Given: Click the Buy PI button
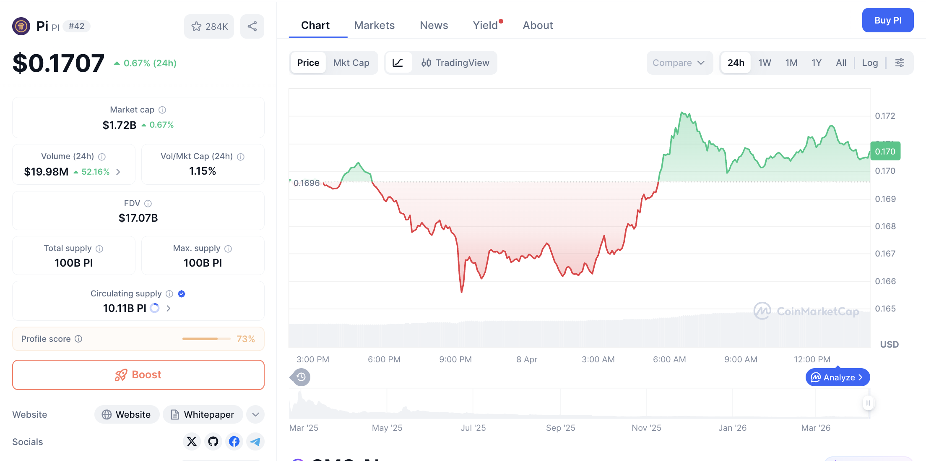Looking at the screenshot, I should (x=887, y=20).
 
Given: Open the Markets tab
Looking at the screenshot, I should (x=374, y=25).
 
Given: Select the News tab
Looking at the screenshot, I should (x=434, y=25).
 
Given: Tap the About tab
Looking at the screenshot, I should (x=538, y=25).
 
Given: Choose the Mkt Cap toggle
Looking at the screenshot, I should (x=351, y=63).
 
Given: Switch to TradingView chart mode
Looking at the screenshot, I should (x=455, y=63).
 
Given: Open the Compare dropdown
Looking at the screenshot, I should (x=678, y=63).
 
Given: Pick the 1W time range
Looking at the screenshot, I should (x=765, y=63).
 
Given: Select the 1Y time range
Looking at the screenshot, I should (x=816, y=63).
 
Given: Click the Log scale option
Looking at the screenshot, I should (x=870, y=63).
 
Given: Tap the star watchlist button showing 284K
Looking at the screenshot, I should (x=209, y=26).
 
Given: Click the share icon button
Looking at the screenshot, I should (x=252, y=26).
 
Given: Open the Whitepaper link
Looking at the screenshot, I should (x=203, y=414).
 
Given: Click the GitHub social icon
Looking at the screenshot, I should (x=213, y=441).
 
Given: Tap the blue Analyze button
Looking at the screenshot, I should (x=838, y=377).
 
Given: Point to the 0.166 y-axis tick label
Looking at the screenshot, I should (x=885, y=281).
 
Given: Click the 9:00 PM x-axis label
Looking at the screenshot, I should (x=455, y=359).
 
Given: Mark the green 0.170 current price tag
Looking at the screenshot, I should (x=885, y=151).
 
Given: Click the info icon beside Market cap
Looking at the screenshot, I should (x=162, y=110).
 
